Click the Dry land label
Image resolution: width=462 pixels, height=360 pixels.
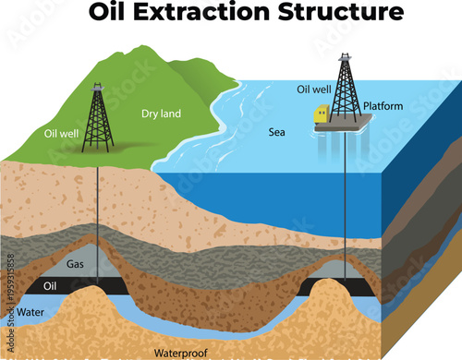[x=161, y=114]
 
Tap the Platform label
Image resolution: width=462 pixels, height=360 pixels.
[x=383, y=106]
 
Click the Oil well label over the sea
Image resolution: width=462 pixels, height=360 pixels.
[x=314, y=90]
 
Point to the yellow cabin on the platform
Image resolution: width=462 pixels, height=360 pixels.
[x=322, y=114]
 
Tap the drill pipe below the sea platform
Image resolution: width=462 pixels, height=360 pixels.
[x=346, y=212]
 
